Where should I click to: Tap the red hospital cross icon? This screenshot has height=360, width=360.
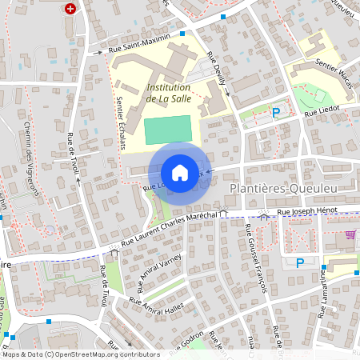(x=71, y=9)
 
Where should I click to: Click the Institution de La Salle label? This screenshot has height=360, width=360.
(x=168, y=93)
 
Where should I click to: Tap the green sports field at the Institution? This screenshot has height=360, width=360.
(x=168, y=130)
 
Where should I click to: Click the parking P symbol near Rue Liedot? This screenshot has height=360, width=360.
(x=277, y=113)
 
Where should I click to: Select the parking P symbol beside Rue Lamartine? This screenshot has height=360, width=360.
(x=300, y=262)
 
